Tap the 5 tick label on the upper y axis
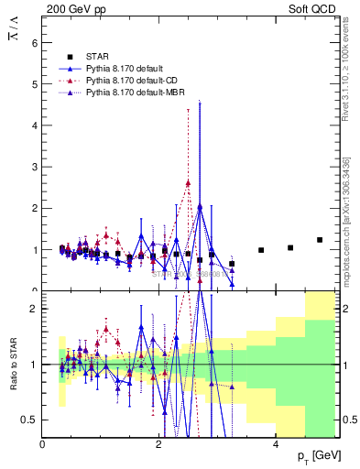[x=34, y=83]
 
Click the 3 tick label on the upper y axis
[x=34, y=167]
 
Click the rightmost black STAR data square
[x=320, y=240]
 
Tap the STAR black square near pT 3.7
[x=261, y=250]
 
